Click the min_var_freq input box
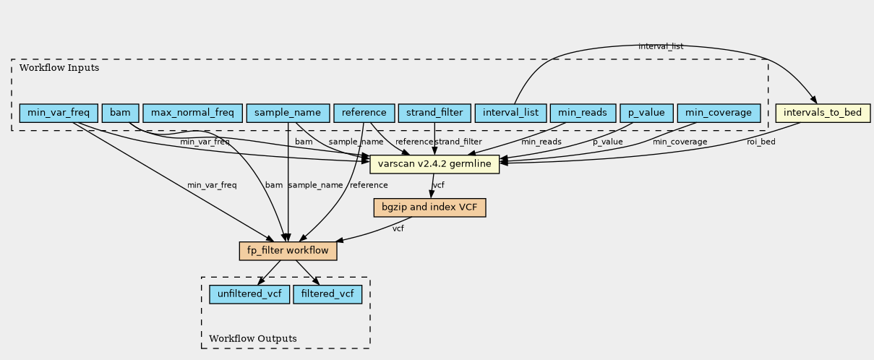pos(59,113)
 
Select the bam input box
pos(120,113)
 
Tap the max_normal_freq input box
pos(192,113)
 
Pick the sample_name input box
pos(288,113)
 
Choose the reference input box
pos(364,113)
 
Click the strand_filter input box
pos(434,113)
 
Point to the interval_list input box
pos(510,113)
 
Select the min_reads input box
pos(583,113)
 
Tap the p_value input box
pos(646,113)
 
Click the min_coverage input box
pos(719,113)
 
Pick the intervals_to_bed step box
pos(823,113)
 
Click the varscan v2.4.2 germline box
pos(434,164)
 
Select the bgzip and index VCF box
pos(429,207)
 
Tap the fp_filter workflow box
pos(288,251)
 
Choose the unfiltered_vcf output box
pos(249,294)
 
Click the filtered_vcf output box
pos(327,294)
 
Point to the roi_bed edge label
pos(761,142)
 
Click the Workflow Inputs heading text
pos(59,68)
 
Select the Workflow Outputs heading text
pos(253,338)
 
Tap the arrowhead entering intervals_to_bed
pos(813,100)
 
